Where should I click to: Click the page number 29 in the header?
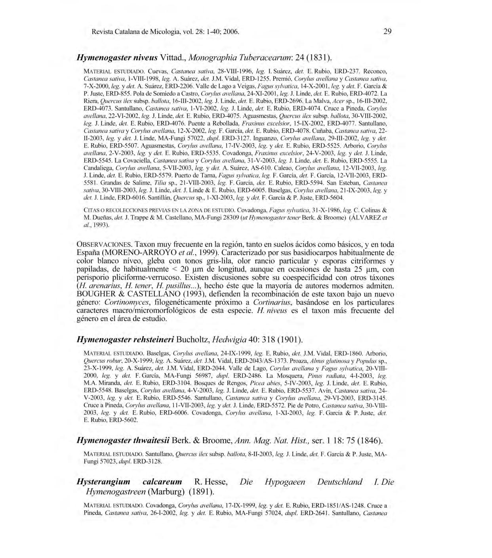[387, 31]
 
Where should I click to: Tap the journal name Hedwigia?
[229, 340]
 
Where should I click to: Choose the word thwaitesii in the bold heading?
[151, 440]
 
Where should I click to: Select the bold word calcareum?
[162, 482]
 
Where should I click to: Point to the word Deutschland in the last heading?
[339, 482]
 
